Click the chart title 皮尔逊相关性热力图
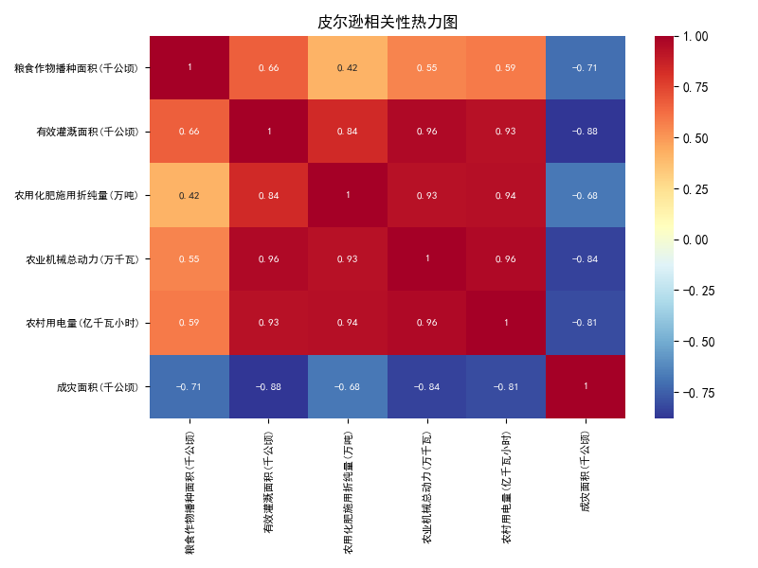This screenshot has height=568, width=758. (x=388, y=22)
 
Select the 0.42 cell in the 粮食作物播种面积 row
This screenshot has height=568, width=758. (x=348, y=67)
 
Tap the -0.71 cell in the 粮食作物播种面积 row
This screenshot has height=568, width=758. (x=586, y=67)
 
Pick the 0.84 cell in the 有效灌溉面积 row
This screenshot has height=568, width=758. (x=348, y=131)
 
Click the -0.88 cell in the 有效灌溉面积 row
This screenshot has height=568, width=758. (x=586, y=131)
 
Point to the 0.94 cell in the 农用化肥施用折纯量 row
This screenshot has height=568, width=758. (x=506, y=195)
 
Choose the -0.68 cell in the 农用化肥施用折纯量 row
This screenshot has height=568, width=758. (x=586, y=195)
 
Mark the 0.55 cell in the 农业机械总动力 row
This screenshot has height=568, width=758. (x=189, y=258)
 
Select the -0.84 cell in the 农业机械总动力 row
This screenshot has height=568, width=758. (x=586, y=258)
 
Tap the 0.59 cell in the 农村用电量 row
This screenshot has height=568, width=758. (x=189, y=322)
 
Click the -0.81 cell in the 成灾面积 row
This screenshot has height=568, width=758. (x=506, y=386)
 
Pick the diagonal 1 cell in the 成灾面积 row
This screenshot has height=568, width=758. (x=586, y=386)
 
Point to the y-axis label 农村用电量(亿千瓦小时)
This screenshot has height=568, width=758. (x=82, y=323)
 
